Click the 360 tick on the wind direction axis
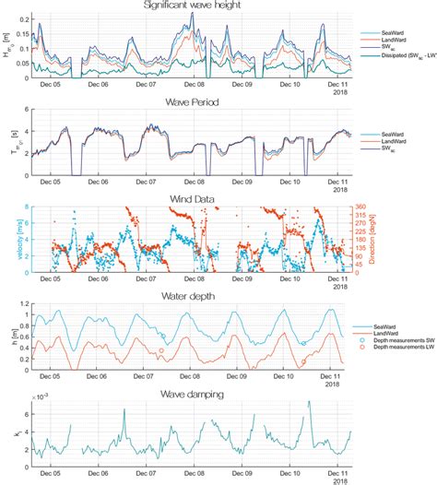coord(361,207)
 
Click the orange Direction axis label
coord(380,241)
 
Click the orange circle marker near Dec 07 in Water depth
coord(161,351)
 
